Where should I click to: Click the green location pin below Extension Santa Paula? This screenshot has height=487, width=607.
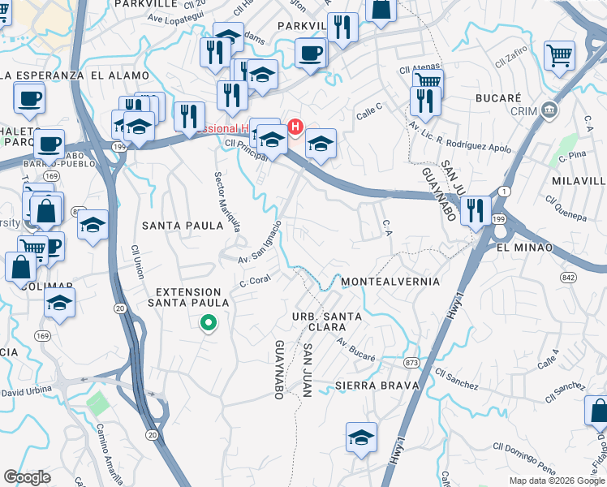[208, 323]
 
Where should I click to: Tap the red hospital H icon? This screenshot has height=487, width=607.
[296, 127]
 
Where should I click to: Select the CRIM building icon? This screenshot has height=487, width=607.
[550, 109]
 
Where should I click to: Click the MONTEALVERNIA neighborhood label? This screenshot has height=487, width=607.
[390, 282]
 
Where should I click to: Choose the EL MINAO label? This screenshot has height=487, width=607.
[524, 247]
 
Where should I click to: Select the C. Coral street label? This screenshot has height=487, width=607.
[255, 280]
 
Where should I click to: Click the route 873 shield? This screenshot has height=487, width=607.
[413, 361]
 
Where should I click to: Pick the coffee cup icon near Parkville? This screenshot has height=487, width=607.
[310, 54]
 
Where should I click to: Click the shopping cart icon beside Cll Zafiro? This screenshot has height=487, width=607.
[560, 55]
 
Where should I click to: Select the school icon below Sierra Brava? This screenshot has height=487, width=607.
[361, 437]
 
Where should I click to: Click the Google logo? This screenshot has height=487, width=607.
[27, 477]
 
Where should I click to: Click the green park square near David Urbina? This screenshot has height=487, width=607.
[97, 402]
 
